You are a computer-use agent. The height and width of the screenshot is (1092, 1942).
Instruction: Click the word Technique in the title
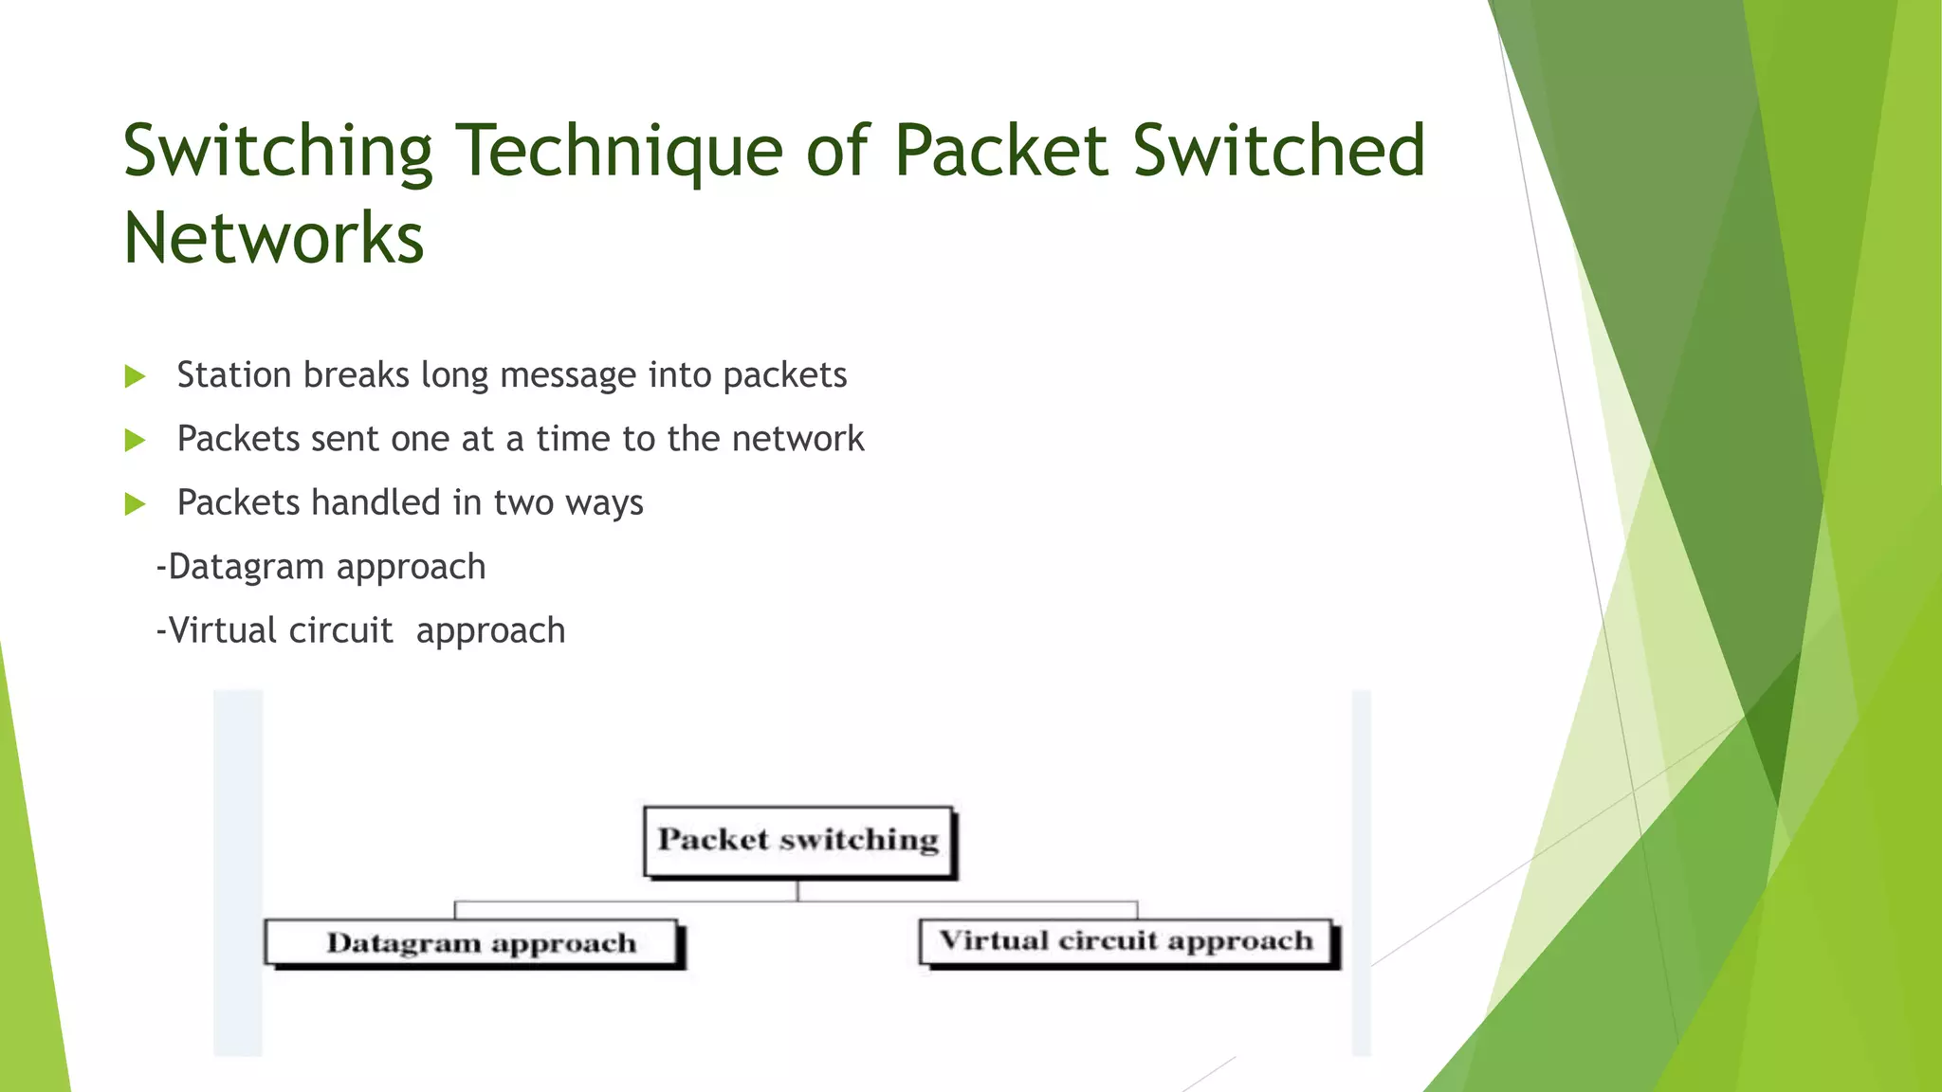[x=620, y=152]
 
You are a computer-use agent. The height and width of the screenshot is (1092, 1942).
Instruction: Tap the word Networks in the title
[x=273, y=239]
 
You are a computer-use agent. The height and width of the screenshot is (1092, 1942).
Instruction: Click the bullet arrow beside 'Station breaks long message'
[x=135, y=376]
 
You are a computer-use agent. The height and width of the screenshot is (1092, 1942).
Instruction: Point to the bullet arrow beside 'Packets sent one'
[x=135, y=440]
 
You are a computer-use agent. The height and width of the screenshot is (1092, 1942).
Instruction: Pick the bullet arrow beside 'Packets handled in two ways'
[x=135, y=503]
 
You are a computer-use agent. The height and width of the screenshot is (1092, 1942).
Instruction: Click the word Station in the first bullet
[x=234, y=375]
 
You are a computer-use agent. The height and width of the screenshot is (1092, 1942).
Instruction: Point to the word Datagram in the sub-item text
[x=246, y=567]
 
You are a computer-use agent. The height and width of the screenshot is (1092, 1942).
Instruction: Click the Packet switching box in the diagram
[x=798, y=841]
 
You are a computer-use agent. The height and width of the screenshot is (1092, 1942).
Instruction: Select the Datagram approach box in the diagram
[x=473, y=943]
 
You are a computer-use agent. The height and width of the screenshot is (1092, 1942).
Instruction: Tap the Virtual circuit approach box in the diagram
[x=1127, y=941]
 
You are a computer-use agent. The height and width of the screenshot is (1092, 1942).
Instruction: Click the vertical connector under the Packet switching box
[x=798, y=890]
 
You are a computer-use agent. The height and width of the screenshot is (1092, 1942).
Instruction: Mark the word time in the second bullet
[x=573, y=439]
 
